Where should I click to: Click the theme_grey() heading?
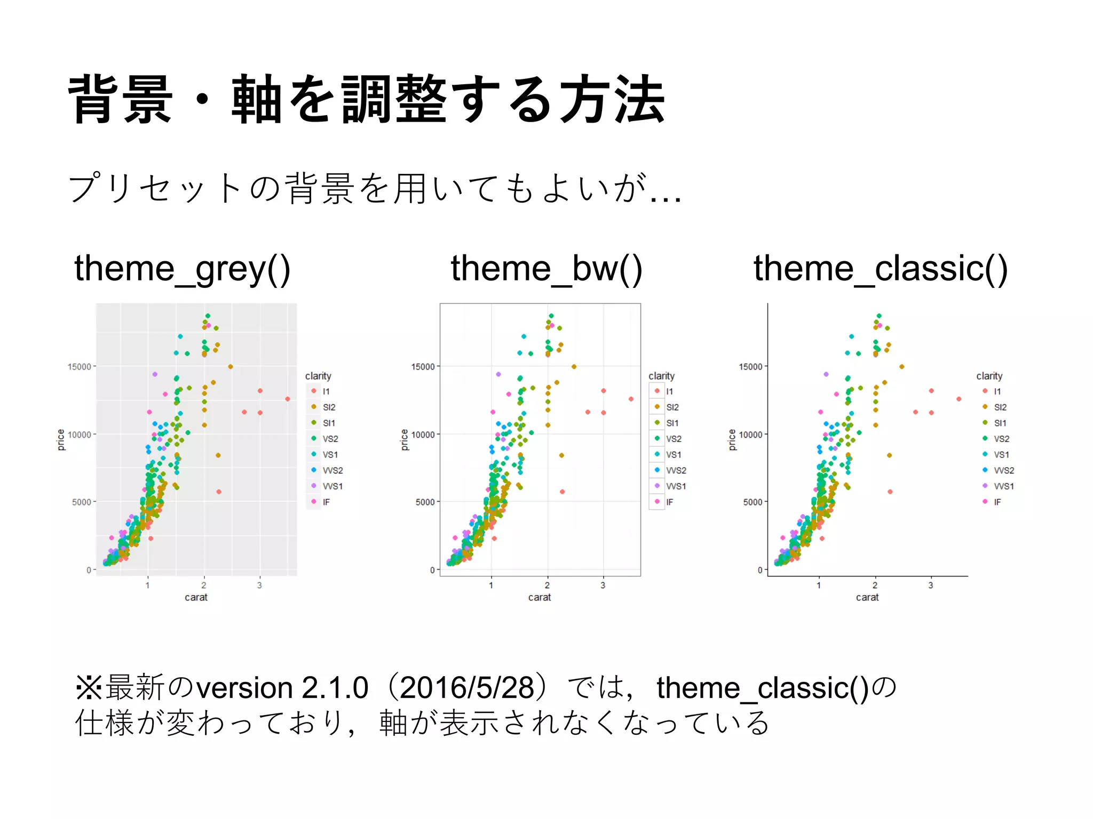pyautogui.click(x=182, y=269)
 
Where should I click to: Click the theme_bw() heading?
pyautogui.click(x=546, y=269)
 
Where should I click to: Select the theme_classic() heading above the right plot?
pyautogui.click(x=880, y=269)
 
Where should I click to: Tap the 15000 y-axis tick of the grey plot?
pyautogui.click(x=79, y=367)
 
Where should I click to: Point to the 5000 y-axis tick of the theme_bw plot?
pyautogui.click(x=425, y=502)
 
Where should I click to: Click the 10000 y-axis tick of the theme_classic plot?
pyautogui.click(x=750, y=435)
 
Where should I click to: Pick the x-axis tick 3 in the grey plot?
pyautogui.click(x=259, y=585)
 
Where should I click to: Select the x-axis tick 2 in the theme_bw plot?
pyautogui.click(x=547, y=585)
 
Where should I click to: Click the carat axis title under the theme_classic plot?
pyautogui.click(x=867, y=598)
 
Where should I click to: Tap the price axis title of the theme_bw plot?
pyautogui.click(x=405, y=440)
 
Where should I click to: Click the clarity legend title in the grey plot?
pyautogui.click(x=318, y=376)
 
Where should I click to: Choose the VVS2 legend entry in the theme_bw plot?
pyautogui.click(x=676, y=470)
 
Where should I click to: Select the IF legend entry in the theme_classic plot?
pyautogui.click(x=997, y=502)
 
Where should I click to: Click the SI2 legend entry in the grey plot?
pyautogui.click(x=329, y=407)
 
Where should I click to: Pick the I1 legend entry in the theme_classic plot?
pyautogui.click(x=997, y=391)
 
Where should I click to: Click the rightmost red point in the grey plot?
pyautogui.click(x=288, y=399)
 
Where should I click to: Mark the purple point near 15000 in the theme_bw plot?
pyautogui.click(x=498, y=374)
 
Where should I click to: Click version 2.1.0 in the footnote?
pyautogui.click(x=282, y=688)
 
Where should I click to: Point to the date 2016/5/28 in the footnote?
pyautogui.click(x=466, y=688)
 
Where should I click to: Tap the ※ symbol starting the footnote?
pyautogui.click(x=89, y=687)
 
